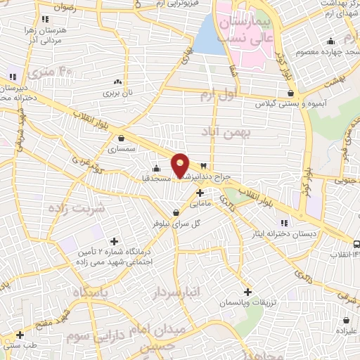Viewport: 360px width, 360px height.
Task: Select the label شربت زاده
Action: (77, 208)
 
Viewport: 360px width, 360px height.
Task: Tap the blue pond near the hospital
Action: (209, 35)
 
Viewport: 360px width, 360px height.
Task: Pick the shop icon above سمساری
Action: (122, 138)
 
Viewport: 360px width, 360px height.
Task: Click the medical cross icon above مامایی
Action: (200, 193)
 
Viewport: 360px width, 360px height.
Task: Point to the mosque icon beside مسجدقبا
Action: (157, 168)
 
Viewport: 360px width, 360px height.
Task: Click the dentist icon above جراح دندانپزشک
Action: (204, 165)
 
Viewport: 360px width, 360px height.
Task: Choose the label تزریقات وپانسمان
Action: (247, 302)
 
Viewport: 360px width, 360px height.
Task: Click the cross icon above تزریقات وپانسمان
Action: (247, 291)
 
